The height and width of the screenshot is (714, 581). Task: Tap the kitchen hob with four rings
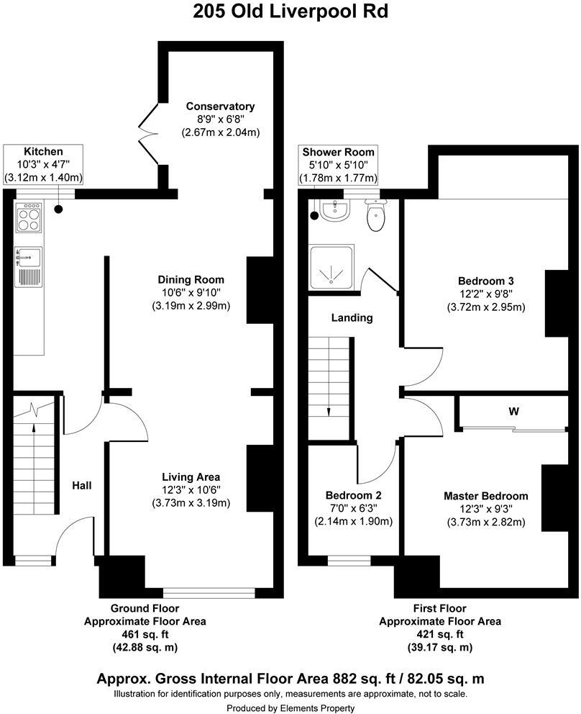(29, 218)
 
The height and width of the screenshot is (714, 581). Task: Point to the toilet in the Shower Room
(375, 216)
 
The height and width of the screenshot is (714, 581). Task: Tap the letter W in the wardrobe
(513, 412)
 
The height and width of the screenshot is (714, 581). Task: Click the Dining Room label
(191, 279)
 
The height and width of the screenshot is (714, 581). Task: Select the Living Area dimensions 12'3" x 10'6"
(191, 490)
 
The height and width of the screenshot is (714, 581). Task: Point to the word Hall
(81, 486)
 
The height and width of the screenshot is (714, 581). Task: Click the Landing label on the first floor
(352, 317)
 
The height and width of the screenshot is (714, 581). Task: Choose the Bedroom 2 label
(353, 495)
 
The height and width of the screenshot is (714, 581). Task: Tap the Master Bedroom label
(485, 496)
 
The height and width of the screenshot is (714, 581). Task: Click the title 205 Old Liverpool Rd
(290, 13)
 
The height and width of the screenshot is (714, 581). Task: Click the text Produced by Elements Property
(290, 709)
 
